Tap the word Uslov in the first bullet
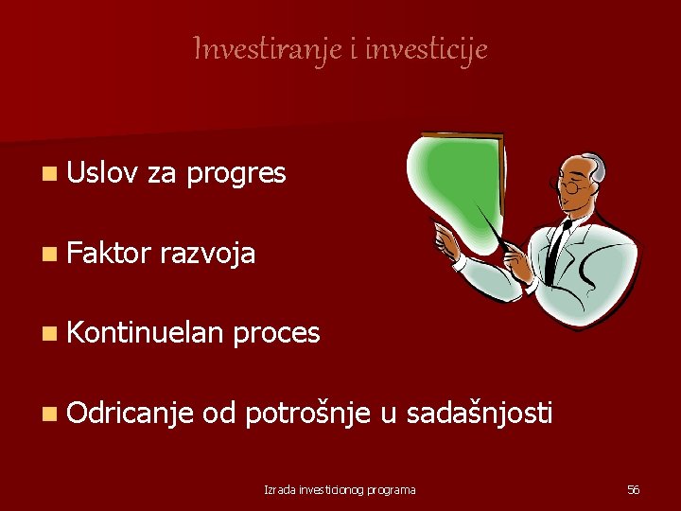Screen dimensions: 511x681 pyautogui.click(x=102, y=173)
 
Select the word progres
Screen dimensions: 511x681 pyautogui.click(x=236, y=173)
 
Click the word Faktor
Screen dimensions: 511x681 pyautogui.click(x=109, y=253)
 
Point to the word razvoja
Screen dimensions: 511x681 pyautogui.click(x=208, y=254)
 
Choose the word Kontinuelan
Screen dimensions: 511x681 pyautogui.click(x=145, y=332)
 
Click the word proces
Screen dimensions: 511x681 pyautogui.click(x=276, y=333)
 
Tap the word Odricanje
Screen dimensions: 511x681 pyautogui.click(x=131, y=413)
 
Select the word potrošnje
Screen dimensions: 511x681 pyautogui.click(x=307, y=413)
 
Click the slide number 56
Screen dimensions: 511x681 pyautogui.click(x=634, y=489)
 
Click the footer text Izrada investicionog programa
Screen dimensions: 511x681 pyautogui.click(x=340, y=489)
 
